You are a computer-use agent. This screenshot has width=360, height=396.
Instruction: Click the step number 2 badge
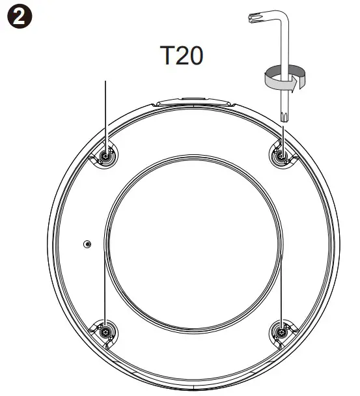(x=20, y=16)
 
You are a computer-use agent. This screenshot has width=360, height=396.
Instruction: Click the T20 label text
(x=182, y=55)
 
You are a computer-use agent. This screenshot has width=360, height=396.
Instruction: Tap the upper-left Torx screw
(x=105, y=156)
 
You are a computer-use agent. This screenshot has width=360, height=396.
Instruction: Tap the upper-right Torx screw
(x=282, y=156)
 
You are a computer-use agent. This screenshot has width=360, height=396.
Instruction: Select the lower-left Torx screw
(x=105, y=332)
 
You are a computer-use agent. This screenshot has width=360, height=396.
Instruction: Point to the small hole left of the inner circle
(x=87, y=244)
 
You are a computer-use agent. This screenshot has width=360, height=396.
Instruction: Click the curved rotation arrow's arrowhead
(x=294, y=85)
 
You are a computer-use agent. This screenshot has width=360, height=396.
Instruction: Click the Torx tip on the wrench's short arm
(x=252, y=18)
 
